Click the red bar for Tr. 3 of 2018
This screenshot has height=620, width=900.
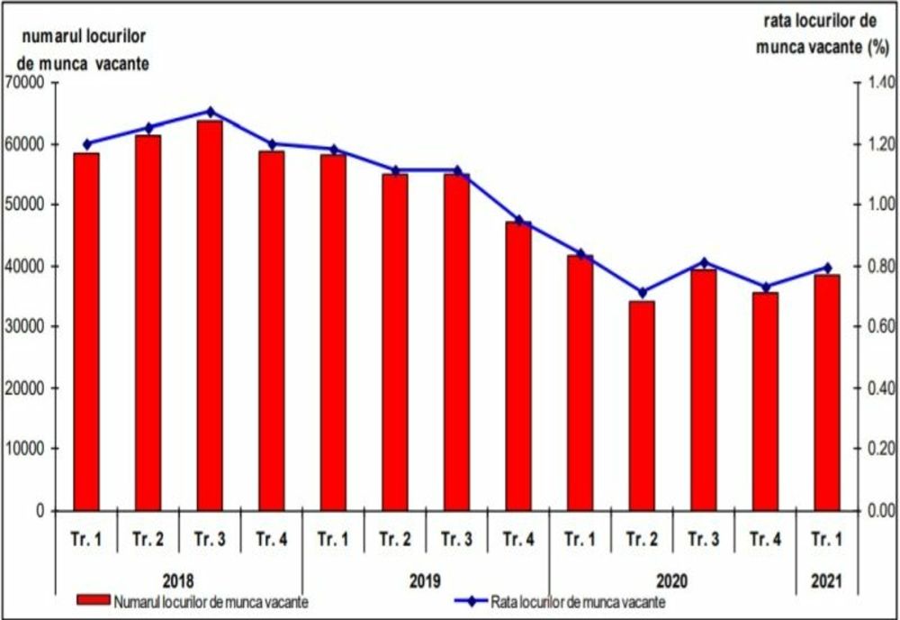[210, 315]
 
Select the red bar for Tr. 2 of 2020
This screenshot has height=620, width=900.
[642, 406]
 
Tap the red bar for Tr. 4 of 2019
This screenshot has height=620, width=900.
[517, 365]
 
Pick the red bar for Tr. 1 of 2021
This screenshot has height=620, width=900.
[826, 392]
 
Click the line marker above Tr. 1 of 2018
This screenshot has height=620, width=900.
[87, 143]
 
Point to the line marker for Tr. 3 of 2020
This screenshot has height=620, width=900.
[704, 262]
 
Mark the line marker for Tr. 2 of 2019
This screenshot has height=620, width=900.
[395, 170]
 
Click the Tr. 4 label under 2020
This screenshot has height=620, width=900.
[766, 540]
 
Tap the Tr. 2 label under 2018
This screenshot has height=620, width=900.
[148, 540]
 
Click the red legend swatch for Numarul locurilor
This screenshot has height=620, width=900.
[93, 602]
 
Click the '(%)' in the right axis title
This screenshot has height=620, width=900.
[876, 48]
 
